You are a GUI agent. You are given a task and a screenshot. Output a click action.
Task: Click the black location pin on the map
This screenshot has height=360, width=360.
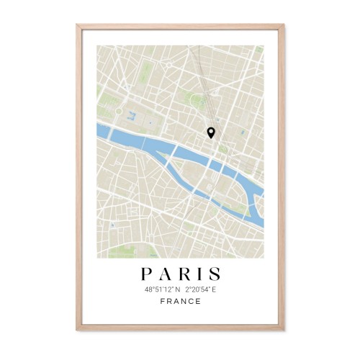pyautogui.click(x=211, y=132)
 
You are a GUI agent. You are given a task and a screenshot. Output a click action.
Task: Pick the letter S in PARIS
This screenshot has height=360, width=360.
pyautogui.click(x=215, y=274)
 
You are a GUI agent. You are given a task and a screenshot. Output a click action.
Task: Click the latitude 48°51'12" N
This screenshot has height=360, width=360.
pyautogui.click(x=160, y=289)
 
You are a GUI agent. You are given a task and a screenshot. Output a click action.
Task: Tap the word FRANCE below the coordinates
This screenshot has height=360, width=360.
pyautogui.click(x=180, y=302)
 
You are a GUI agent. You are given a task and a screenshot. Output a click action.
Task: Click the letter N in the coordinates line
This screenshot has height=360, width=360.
pyautogui.click(x=174, y=289)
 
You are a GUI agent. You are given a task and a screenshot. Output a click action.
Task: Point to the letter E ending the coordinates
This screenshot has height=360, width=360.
pyautogui.click(x=215, y=289)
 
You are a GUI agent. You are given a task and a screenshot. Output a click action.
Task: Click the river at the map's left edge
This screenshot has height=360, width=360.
pyautogui.click(x=102, y=130)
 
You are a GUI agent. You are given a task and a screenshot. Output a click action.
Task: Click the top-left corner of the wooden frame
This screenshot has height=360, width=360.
pyautogui.click(x=77, y=24)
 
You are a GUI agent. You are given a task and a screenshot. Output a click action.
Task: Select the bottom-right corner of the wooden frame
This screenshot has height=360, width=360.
pyautogui.click(x=283, y=336)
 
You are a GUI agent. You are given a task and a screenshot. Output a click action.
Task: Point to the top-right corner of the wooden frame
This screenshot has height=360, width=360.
pyautogui.click(x=283, y=24)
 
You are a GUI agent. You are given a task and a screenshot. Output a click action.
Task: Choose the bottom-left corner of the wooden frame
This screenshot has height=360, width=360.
pyautogui.click(x=77, y=336)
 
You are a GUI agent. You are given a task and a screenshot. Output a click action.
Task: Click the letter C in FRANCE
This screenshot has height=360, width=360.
pyautogui.click(x=191, y=302)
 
